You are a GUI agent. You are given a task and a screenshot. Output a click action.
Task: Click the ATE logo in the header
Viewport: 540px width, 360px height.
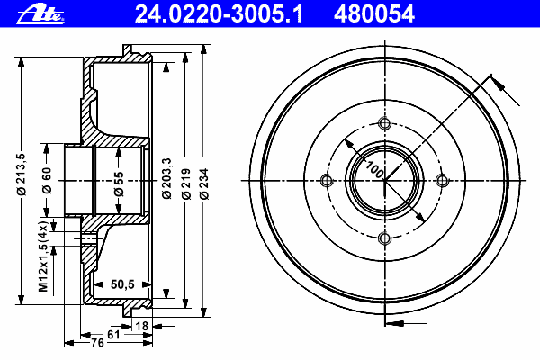point(40,15)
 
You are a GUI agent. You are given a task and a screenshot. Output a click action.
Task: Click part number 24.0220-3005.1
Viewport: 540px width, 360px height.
point(219,14)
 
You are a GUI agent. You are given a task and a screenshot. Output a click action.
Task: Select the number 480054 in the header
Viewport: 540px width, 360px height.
point(374,14)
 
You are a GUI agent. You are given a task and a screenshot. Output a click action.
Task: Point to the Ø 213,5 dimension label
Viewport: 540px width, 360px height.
point(22,175)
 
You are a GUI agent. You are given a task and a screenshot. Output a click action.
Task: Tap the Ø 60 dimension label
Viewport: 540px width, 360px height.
point(47,180)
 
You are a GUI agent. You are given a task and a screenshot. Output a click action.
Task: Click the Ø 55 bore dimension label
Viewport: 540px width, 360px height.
point(119,184)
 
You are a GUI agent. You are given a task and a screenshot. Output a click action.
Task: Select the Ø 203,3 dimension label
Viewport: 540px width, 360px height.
point(166,178)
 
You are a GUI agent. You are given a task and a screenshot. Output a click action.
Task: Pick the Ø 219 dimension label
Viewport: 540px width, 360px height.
point(186,184)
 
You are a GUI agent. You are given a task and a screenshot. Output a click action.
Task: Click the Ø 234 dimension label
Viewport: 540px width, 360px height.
point(204,184)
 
